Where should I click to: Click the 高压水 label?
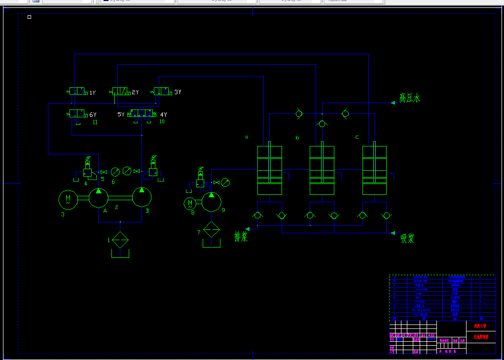tap(410, 98)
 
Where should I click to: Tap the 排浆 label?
tap(241, 237)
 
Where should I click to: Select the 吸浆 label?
tap(407, 239)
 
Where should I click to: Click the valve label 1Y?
tap(92, 93)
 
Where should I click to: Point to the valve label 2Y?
tap(135, 92)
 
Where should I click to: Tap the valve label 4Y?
tap(163, 115)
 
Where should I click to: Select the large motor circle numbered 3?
tap(68, 199)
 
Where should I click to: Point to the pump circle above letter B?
tap(142, 197)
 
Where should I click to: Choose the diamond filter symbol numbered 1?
tap(120, 241)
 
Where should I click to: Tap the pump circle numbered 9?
tap(212, 202)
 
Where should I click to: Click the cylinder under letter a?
tap(270, 170)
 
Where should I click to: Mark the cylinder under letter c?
tap(374, 170)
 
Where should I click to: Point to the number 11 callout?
tap(95, 122)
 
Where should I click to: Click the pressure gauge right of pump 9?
tap(225, 182)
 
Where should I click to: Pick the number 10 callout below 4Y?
tap(162, 122)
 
